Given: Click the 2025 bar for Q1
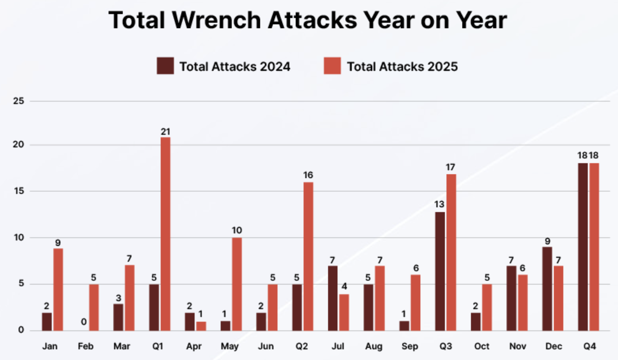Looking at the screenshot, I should click(x=165, y=234).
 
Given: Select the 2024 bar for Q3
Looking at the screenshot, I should click(x=440, y=271).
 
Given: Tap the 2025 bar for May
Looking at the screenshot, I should click(x=237, y=284).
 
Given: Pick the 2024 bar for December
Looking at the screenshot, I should click(x=547, y=289).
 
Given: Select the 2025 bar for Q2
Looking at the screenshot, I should click(x=308, y=256).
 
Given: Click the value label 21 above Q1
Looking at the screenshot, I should click(x=165, y=132).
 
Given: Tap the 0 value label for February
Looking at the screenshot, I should click(x=84, y=322).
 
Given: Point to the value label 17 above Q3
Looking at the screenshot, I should click(x=450, y=167).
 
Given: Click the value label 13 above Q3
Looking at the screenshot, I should click(x=439, y=204).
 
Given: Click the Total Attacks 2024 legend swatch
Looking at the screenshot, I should click(x=165, y=66).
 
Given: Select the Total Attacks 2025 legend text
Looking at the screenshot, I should click(x=402, y=66).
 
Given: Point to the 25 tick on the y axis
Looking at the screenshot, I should click(x=19, y=101).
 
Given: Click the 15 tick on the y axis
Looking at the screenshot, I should click(x=19, y=191).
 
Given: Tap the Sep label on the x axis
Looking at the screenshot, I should click(x=410, y=346).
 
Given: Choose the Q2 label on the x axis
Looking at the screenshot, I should click(x=301, y=346).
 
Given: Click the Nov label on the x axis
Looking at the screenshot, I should click(x=518, y=346).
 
